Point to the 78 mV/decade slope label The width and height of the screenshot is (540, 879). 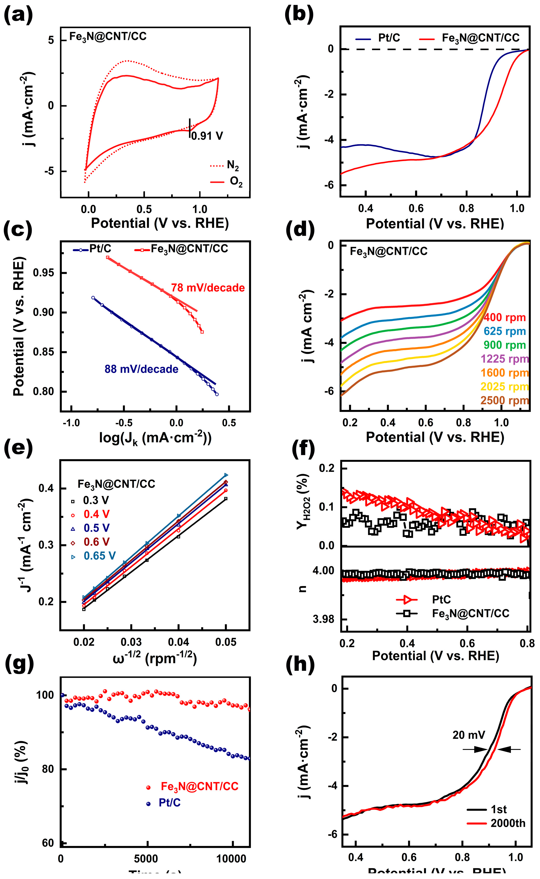(x=208, y=288)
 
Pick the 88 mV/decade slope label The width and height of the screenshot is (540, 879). (x=141, y=369)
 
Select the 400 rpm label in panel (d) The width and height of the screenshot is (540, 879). (x=505, y=317)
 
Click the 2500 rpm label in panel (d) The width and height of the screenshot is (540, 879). (x=504, y=400)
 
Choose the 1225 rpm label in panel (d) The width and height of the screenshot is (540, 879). (x=504, y=359)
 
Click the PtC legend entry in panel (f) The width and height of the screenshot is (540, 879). (x=441, y=599)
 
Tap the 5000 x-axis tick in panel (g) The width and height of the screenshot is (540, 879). (x=146, y=859)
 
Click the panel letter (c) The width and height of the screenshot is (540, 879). (x=18, y=231)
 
